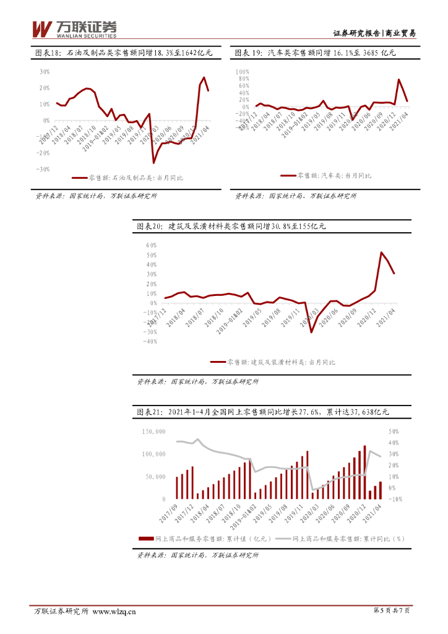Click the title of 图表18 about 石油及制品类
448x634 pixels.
[123, 54]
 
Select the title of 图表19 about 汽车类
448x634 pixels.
[315, 54]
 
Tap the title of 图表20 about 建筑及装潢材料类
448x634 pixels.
[230, 227]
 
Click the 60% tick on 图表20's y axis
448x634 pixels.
[151, 245]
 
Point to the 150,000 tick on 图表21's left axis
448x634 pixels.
[153, 431]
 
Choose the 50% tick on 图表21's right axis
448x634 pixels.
[394, 431]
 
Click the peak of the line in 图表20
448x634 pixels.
[381, 253]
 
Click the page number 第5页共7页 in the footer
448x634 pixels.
[392, 611]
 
